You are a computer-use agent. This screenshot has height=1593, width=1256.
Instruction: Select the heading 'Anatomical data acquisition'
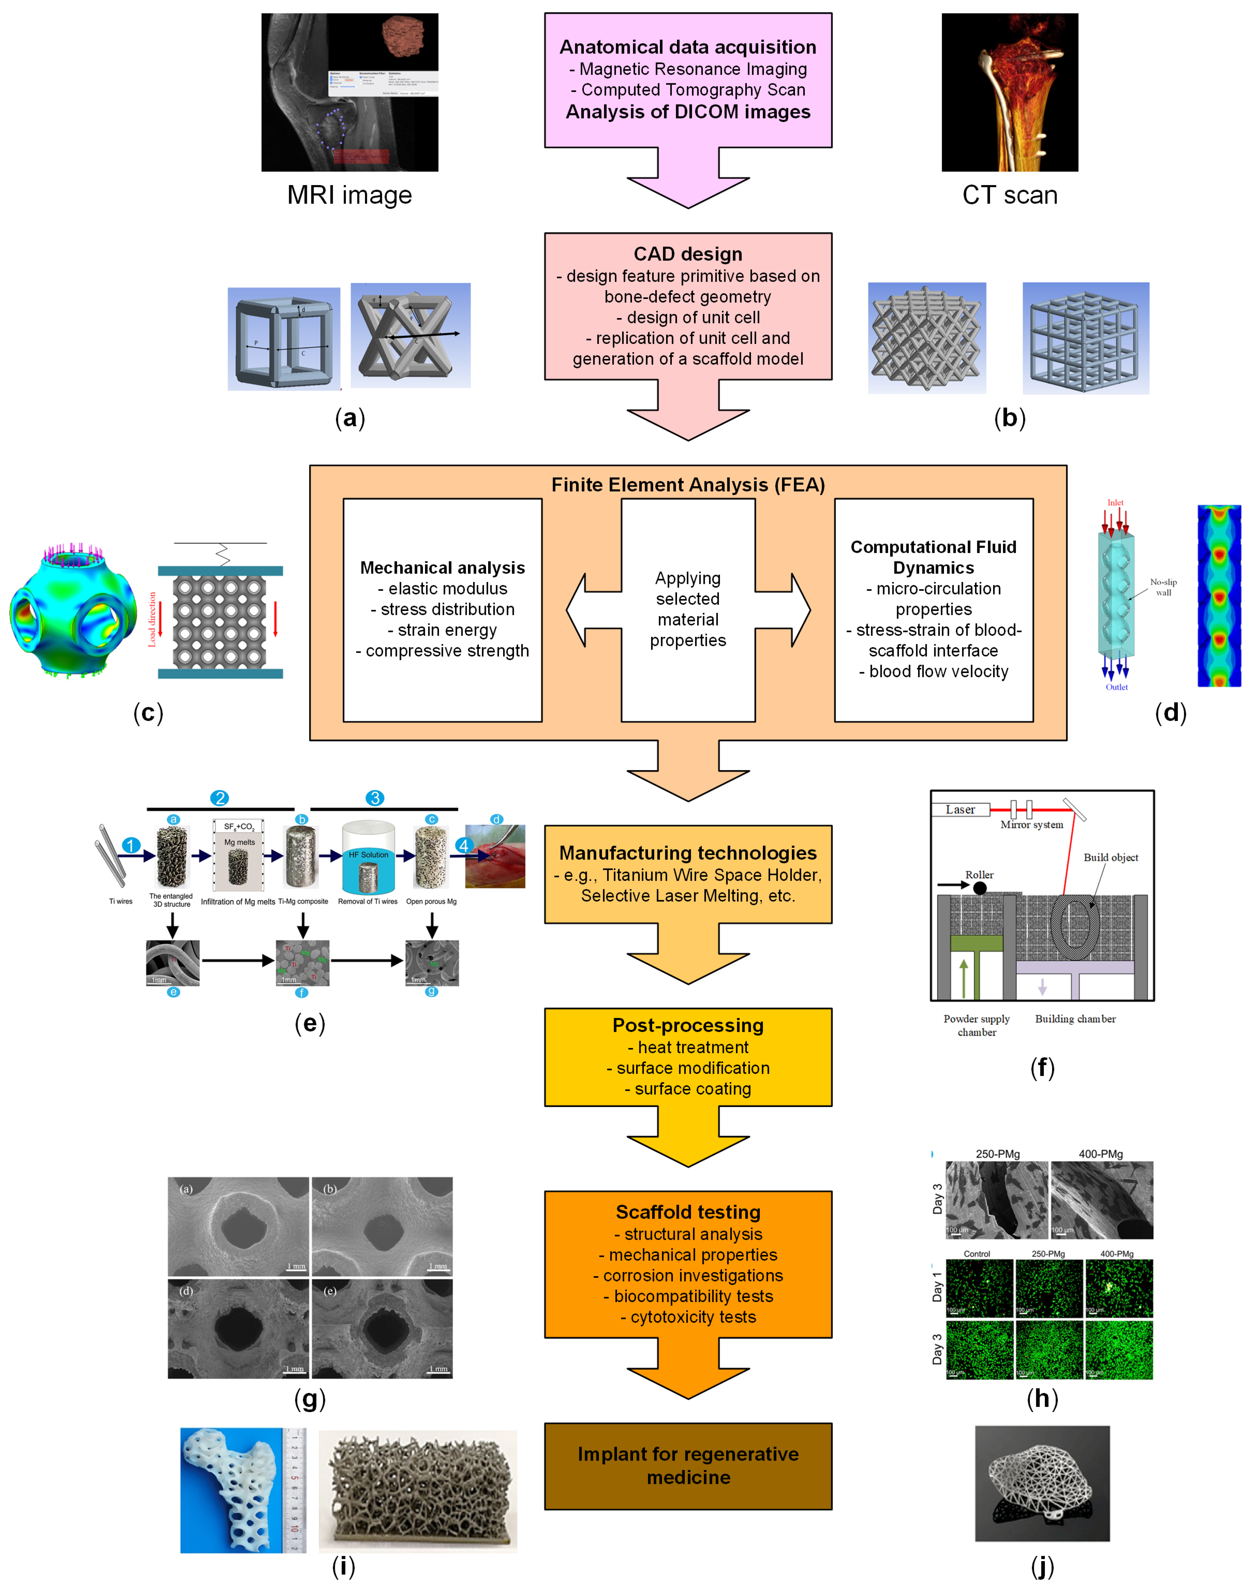click(687, 47)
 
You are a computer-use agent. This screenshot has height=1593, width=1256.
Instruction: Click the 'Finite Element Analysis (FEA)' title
click(687, 485)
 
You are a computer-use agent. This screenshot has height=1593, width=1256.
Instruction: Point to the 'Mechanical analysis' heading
click(442, 568)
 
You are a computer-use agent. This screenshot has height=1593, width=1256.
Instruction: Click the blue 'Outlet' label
click(1116, 687)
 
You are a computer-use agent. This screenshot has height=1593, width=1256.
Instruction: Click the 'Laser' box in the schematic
click(960, 810)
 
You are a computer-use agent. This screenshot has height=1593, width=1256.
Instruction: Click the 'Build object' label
click(1111, 858)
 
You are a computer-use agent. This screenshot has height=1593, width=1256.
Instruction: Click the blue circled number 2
click(219, 798)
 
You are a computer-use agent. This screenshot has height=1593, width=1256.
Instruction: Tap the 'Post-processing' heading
click(687, 1025)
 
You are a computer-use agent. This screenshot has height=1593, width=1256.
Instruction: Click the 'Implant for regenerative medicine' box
click(687, 1466)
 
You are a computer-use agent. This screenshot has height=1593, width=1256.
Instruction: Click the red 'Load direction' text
click(152, 619)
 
